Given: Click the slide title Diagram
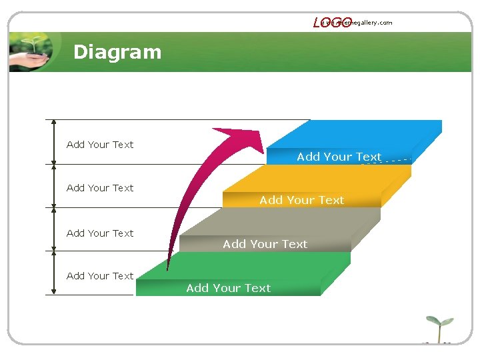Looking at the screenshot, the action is click(117, 52).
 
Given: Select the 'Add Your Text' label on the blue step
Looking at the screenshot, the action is click(339, 157).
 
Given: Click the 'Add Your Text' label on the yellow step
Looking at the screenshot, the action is click(301, 200).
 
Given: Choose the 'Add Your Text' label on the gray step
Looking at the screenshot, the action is click(265, 244).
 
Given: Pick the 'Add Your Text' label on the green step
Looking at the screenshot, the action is click(228, 288).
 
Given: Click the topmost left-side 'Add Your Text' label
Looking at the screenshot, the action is click(100, 145).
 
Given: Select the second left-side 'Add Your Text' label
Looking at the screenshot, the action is click(100, 188).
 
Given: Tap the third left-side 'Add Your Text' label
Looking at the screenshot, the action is click(100, 233).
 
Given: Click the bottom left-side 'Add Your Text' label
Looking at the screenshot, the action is click(100, 276).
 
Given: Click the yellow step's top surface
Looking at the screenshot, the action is click(320, 178).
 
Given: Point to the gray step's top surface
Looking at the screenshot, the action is click(280, 221).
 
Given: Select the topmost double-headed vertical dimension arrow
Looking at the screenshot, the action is click(54, 142).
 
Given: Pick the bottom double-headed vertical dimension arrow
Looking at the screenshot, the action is click(54, 273).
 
